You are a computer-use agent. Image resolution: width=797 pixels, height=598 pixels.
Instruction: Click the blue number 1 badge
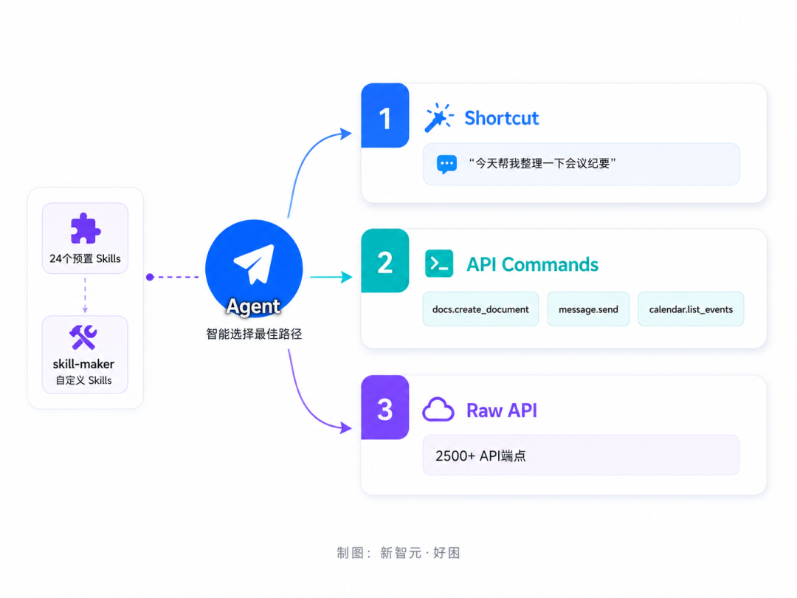[x=384, y=115]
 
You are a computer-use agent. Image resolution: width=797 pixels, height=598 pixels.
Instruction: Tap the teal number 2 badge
[x=384, y=261]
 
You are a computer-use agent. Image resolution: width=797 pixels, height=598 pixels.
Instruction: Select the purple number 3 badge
[x=384, y=408]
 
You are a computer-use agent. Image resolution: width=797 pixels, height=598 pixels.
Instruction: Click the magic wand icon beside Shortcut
[x=438, y=117]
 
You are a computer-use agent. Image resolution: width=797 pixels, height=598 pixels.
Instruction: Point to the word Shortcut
[x=501, y=118]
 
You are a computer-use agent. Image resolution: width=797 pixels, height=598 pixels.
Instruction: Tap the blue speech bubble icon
[x=446, y=164]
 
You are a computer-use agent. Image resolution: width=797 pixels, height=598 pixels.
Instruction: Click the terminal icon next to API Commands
[x=439, y=264]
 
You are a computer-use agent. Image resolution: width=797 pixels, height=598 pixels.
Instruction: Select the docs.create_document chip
[x=480, y=309]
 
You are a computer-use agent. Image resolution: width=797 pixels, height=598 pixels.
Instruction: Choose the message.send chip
[x=588, y=309]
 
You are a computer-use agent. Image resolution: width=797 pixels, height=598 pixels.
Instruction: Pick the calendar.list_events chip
[x=691, y=309]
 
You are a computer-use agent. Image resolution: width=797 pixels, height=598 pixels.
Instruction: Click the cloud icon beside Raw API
[x=438, y=409]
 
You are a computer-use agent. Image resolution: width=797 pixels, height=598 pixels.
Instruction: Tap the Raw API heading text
[x=502, y=410]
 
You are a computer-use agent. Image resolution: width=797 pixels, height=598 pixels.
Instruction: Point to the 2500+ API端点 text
[x=480, y=456]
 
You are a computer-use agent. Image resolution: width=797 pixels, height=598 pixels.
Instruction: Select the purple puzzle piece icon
[x=86, y=228]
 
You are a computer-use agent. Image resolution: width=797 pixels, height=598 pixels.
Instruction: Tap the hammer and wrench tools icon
[x=83, y=337]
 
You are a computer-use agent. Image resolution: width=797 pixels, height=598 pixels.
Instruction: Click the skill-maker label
[x=83, y=364]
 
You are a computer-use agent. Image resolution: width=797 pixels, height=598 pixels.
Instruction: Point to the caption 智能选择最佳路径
[x=254, y=334]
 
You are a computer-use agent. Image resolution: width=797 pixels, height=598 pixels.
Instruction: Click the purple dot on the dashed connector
[x=150, y=277]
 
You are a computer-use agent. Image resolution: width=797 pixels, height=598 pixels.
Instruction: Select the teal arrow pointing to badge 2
[x=331, y=277]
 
